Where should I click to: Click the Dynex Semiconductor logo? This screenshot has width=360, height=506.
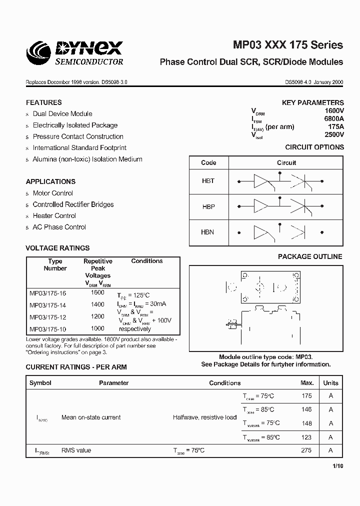75,53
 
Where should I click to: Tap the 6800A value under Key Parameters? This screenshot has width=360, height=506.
333,119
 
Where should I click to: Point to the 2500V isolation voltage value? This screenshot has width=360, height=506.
333,134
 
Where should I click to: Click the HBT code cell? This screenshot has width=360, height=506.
208,180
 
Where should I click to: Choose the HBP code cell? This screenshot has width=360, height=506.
208,206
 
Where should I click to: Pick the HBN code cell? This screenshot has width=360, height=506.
208,232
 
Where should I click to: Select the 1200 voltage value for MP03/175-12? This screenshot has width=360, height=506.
98,316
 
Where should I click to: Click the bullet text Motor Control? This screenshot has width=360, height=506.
52,193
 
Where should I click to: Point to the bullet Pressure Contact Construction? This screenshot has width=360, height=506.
78,136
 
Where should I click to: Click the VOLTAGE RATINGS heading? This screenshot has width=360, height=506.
57,248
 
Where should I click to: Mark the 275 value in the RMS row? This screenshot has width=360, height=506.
306,450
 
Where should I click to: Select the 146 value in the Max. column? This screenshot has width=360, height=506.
306,409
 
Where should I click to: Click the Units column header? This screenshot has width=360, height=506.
330,383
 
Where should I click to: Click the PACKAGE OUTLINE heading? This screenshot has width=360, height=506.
310,256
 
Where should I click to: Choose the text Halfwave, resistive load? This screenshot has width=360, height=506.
204,417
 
